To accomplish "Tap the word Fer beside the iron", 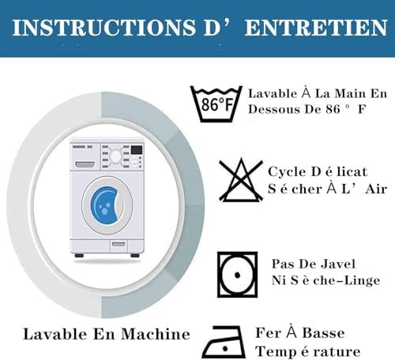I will pyautogui.click(x=266, y=334).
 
